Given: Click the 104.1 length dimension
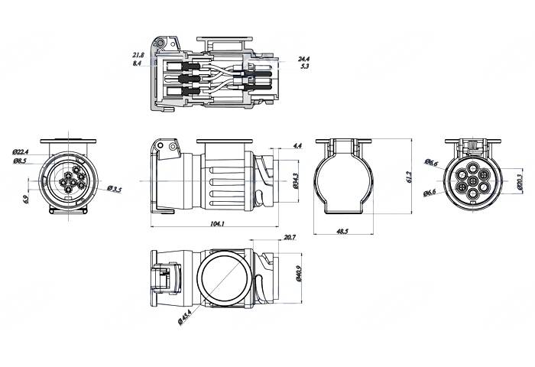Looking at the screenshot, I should click(x=216, y=223).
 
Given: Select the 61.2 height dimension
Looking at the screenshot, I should click(x=410, y=177).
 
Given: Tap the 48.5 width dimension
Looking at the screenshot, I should click(x=342, y=231).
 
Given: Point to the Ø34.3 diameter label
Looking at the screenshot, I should click(x=295, y=180).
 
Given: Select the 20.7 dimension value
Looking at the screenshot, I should click(x=289, y=239).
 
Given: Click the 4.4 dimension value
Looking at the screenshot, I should click(x=297, y=145).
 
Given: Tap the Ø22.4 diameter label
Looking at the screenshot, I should click(x=21, y=152).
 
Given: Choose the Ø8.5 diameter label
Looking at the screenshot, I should click(x=20, y=161).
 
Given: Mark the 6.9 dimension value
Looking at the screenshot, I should click(x=26, y=199).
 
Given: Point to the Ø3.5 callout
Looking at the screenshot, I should click(x=115, y=188).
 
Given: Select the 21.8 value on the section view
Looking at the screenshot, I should click(x=138, y=55).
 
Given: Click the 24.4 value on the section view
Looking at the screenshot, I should click(x=303, y=58).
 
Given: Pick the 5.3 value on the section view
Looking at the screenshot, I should click(x=304, y=67).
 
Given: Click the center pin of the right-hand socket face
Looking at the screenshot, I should click(x=473, y=181).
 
